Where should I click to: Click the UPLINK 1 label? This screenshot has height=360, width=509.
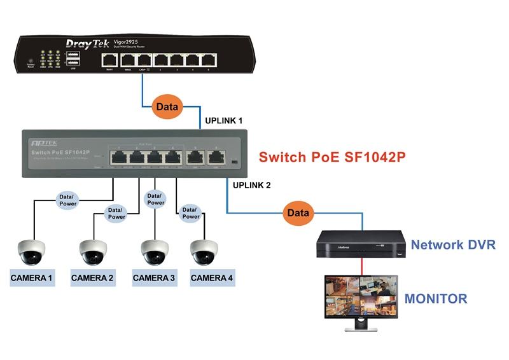coord(223,120)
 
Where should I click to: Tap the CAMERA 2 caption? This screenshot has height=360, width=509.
coord(92,278)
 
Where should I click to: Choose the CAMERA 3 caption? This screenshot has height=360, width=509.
coord(154,278)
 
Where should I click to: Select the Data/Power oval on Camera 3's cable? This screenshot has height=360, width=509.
coord(155,198)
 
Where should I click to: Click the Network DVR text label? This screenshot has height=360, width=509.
coord(452,245)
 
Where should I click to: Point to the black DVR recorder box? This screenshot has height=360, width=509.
coord(361,243)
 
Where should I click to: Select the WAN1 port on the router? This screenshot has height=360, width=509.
coord(109,60)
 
